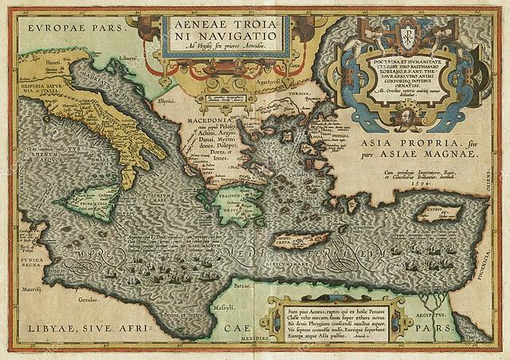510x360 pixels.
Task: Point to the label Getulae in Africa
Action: click(88, 298)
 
